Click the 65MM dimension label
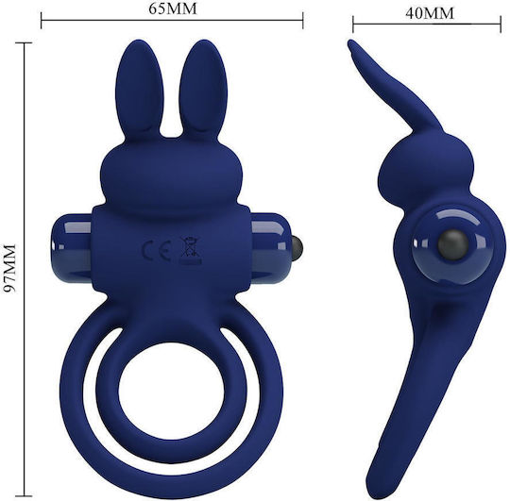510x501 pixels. pyautogui.click(x=173, y=8)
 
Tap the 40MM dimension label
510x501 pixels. pyautogui.click(x=430, y=13)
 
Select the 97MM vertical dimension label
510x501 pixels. pyautogui.click(x=8, y=268)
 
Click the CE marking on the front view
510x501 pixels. pyautogui.click(x=157, y=251)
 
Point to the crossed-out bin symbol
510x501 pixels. pyautogui.click(x=190, y=250)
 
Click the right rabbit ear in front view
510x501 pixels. pyautogui.click(x=203, y=87)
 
